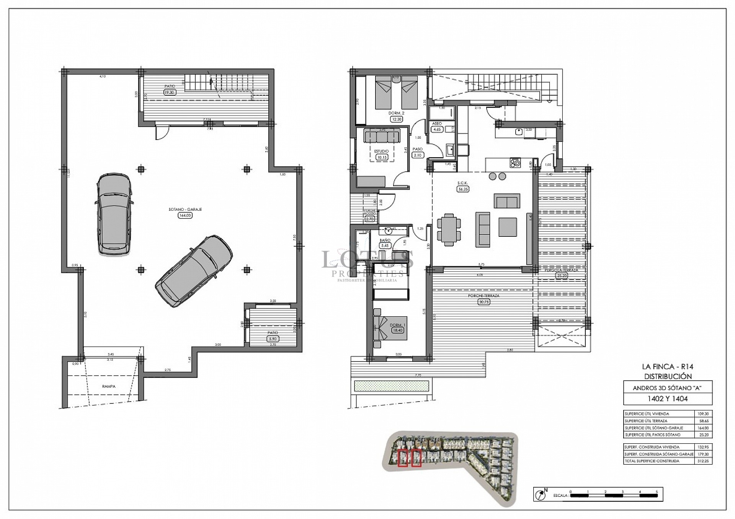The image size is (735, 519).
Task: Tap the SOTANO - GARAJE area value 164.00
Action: (185, 215)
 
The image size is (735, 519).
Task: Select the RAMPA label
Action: (109, 386)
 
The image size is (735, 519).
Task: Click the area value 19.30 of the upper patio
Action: (169, 92)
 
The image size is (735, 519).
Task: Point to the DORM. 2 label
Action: (396, 113)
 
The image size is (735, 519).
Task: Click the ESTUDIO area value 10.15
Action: (381, 157)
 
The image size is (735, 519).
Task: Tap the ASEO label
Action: (437, 124)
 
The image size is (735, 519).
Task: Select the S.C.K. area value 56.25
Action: (463, 189)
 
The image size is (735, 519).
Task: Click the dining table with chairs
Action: (449, 229)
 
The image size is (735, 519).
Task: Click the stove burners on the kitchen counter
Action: (515, 163)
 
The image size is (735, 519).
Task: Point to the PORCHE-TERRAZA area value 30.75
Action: (484, 302)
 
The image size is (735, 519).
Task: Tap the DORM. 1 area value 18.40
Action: (397, 330)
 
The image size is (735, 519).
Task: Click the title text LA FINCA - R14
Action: (668, 367)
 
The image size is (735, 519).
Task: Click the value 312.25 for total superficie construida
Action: (703, 461)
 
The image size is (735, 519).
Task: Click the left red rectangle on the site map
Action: (403, 459)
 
